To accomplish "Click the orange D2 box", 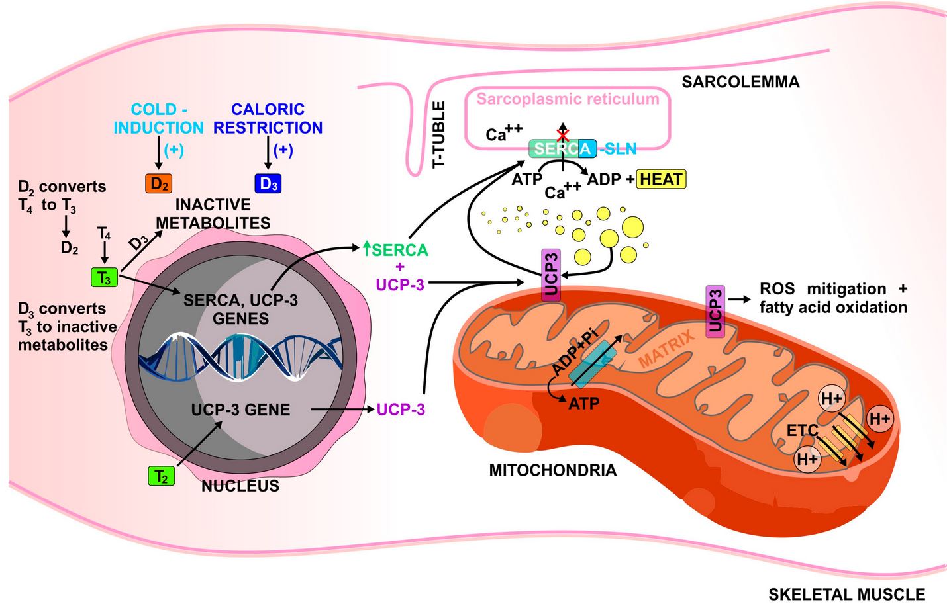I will [x=158, y=183].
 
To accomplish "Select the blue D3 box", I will [x=268, y=183].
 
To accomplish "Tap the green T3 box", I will [x=104, y=278].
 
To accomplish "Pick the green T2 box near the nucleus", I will [x=161, y=476].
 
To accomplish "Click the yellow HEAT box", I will [x=661, y=179].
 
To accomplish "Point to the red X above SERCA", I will [x=562, y=136].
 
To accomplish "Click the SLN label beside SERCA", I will [x=619, y=149].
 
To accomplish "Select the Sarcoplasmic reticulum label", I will [x=568, y=99].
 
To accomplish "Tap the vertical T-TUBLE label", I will [x=439, y=134].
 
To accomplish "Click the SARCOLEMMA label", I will [x=740, y=82].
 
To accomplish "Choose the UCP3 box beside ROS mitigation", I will [x=715, y=312].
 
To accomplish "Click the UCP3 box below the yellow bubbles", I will [x=551, y=276].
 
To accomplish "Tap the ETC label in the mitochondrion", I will [x=803, y=431].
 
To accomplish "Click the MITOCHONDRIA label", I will [x=552, y=470].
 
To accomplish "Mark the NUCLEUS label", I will [x=240, y=486].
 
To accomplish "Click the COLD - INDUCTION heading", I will [x=158, y=118].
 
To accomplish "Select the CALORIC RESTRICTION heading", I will [x=268, y=118].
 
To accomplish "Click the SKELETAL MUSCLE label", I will [x=846, y=594].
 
